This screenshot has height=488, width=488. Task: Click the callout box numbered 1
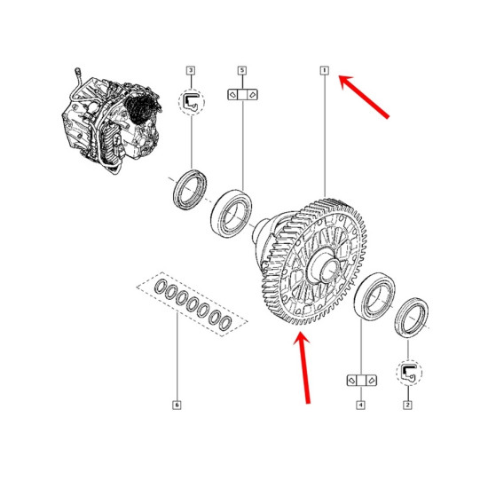tap(324, 71)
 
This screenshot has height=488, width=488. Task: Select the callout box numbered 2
tap(407, 405)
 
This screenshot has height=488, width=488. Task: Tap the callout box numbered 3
tap(191, 71)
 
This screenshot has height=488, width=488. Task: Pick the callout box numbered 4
tap(360, 405)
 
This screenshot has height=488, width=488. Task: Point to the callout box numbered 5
tap(242, 71)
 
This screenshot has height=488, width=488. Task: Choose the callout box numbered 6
tap(177, 405)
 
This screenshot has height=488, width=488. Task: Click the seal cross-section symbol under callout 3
tap(191, 102)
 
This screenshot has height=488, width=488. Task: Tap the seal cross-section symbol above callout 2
tap(409, 373)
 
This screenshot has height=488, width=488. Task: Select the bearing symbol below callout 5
tap(242, 95)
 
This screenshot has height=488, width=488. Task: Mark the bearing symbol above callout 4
tap(362, 381)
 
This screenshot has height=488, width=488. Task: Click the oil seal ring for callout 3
tap(190, 190)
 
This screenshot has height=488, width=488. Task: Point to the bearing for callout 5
tap(231, 214)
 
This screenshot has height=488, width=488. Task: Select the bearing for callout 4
tap(374, 296)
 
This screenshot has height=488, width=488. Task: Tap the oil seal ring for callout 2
tap(412, 318)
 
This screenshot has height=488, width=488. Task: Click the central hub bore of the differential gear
tap(328, 269)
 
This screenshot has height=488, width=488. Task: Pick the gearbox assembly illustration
tap(112, 122)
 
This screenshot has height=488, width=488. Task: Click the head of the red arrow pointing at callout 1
tap(344, 80)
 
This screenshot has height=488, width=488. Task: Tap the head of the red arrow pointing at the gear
tap(301, 338)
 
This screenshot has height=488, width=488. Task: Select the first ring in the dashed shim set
tap(161, 287)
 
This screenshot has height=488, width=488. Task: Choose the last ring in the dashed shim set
tap(224, 323)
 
